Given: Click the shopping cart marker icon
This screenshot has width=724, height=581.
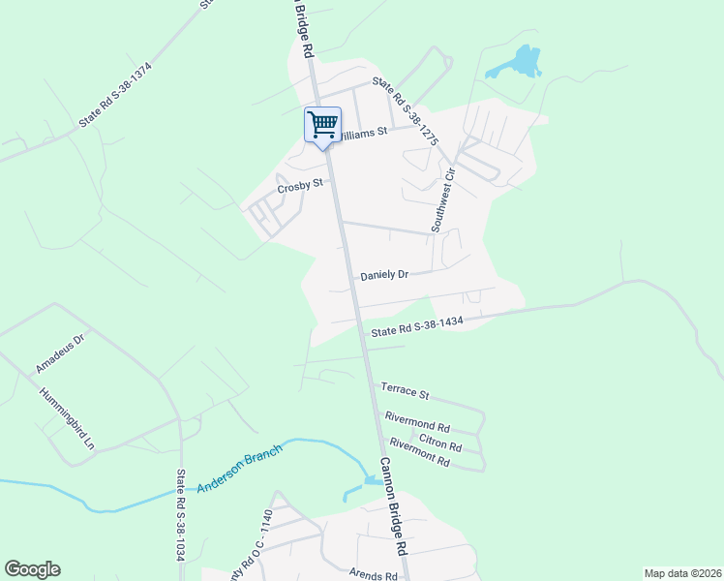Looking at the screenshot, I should click(323, 124).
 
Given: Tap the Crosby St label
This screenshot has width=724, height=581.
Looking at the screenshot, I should click(299, 186).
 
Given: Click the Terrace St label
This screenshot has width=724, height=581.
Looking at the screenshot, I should click(405, 391).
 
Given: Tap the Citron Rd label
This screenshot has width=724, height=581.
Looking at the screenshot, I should click(441, 444).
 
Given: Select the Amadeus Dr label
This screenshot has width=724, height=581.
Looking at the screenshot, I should click(61, 355).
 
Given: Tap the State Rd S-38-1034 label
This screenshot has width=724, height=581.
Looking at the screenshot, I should click(180, 515).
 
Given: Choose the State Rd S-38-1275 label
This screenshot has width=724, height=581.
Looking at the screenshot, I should click(407, 112).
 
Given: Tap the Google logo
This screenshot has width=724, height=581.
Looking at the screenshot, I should click(32, 569).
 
